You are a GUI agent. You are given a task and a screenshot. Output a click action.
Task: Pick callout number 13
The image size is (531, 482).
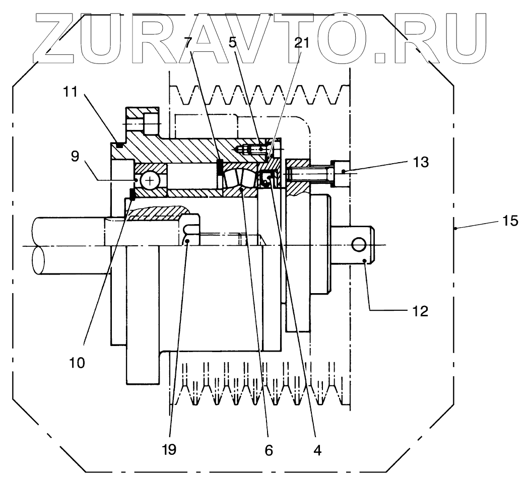420,162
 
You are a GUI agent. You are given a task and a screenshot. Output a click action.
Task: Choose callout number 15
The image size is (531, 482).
510,221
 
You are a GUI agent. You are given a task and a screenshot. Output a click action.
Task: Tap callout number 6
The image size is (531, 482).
269,449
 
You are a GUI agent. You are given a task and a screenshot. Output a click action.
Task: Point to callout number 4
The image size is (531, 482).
316,449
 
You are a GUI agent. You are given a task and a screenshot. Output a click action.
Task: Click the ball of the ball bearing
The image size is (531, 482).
150,180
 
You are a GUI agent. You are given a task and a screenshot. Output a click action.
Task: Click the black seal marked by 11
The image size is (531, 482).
119,145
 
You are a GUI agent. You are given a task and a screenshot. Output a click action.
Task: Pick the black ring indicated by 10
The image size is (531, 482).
132,193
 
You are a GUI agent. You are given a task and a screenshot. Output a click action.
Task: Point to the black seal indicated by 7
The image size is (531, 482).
220,167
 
